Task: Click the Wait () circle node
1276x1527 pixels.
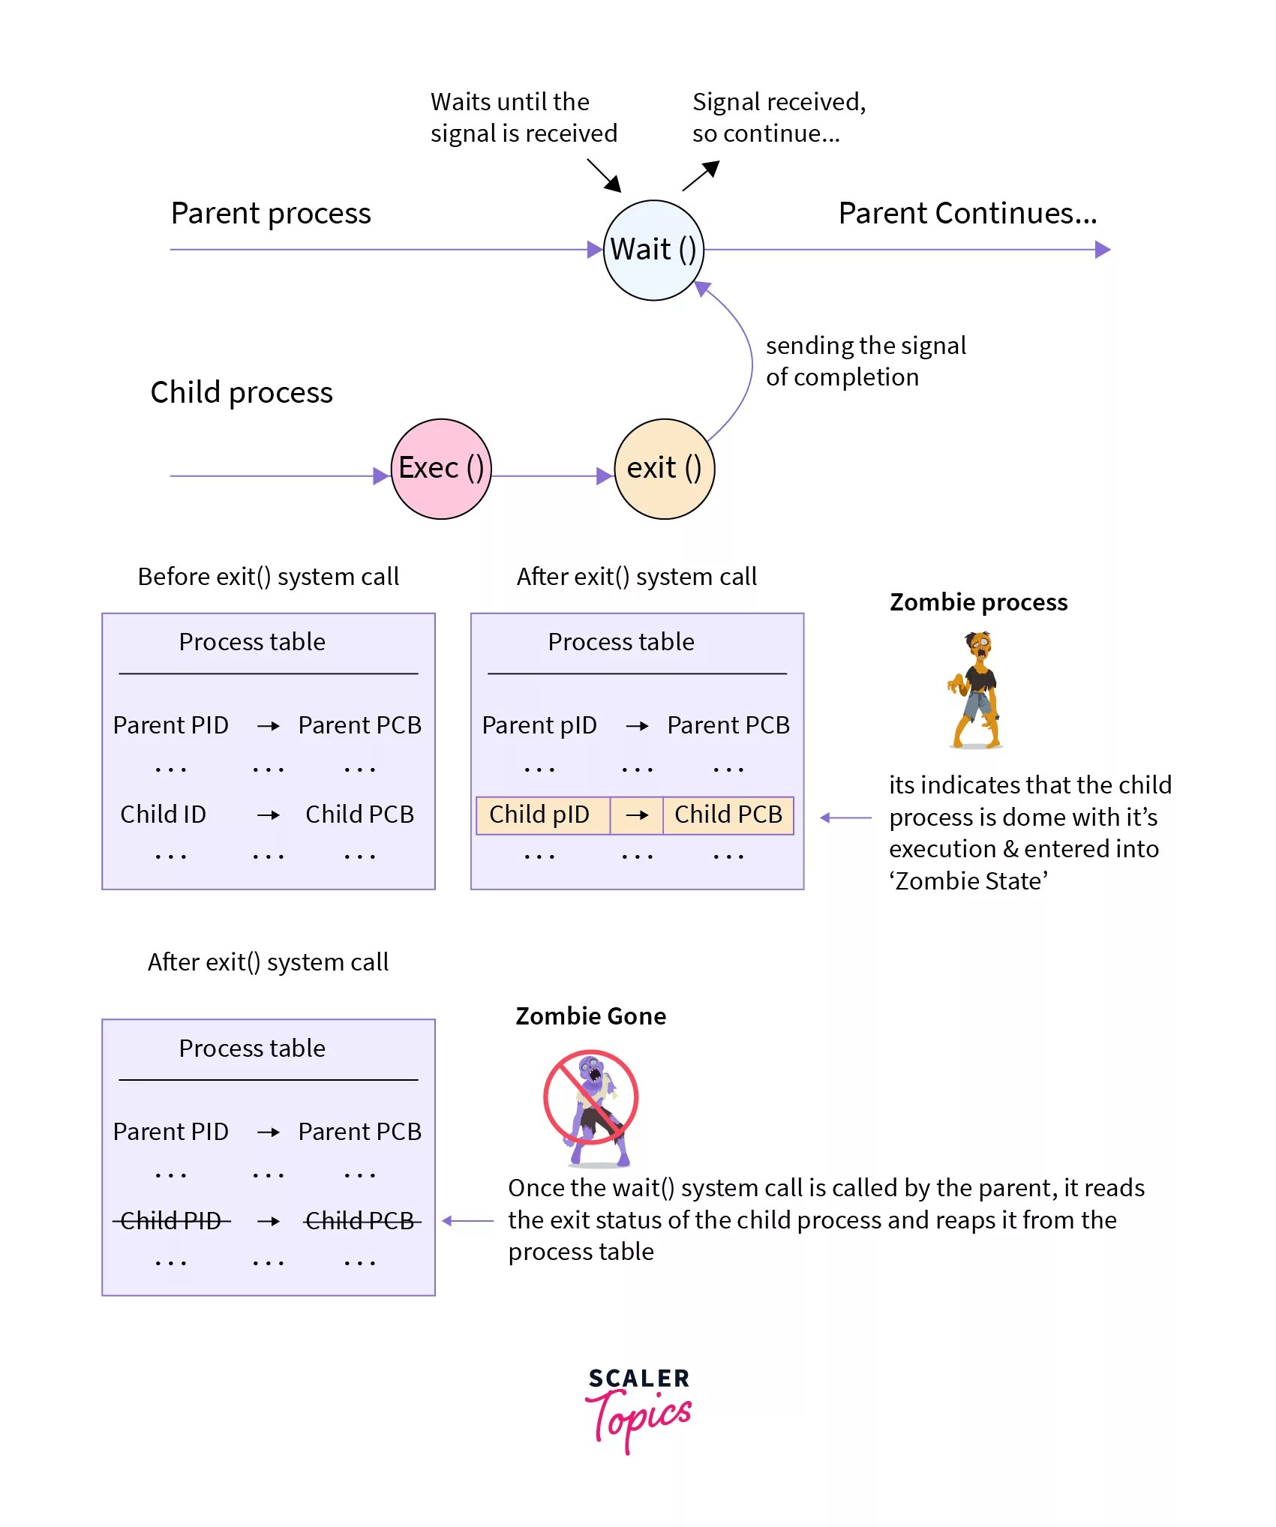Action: click(x=653, y=250)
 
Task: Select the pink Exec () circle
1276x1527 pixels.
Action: click(x=441, y=469)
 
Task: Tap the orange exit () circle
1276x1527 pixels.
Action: click(x=664, y=469)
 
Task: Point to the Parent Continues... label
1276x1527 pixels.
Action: click(x=967, y=214)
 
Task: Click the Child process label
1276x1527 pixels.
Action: click(x=241, y=392)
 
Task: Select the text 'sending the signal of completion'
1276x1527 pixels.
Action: click(x=865, y=361)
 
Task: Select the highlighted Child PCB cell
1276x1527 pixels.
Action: click(x=728, y=815)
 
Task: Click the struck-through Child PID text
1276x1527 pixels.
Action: click(x=171, y=1221)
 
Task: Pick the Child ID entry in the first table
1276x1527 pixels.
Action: click(x=163, y=814)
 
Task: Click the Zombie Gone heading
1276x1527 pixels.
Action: click(x=590, y=1016)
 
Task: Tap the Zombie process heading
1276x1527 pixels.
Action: click(x=978, y=602)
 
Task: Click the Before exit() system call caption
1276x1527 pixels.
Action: click(x=268, y=577)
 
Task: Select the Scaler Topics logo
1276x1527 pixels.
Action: click(x=638, y=1409)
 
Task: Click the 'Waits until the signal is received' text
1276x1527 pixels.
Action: click(x=523, y=118)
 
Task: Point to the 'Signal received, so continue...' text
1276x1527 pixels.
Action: click(x=778, y=118)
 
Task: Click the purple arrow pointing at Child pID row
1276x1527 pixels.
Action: click(x=845, y=817)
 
